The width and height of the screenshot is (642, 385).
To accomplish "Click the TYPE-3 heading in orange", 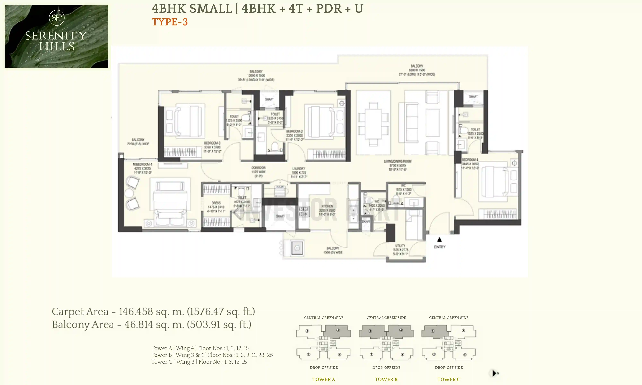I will click(170, 22).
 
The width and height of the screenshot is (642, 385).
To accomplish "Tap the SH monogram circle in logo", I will click(56, 18).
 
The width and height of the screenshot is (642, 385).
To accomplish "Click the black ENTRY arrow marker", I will click(439, 240).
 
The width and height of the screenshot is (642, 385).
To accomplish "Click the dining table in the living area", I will click(373, 124).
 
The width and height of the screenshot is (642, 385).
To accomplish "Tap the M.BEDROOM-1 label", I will click(143, 164).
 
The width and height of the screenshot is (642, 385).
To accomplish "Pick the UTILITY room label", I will click(400, 246).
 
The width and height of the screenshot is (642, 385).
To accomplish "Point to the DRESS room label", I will click(216, 203).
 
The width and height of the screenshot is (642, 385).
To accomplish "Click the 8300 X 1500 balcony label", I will click(417, 70).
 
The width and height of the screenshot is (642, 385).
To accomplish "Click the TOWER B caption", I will click(386, 379).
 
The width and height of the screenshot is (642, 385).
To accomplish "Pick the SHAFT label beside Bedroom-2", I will click(269, 99).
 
